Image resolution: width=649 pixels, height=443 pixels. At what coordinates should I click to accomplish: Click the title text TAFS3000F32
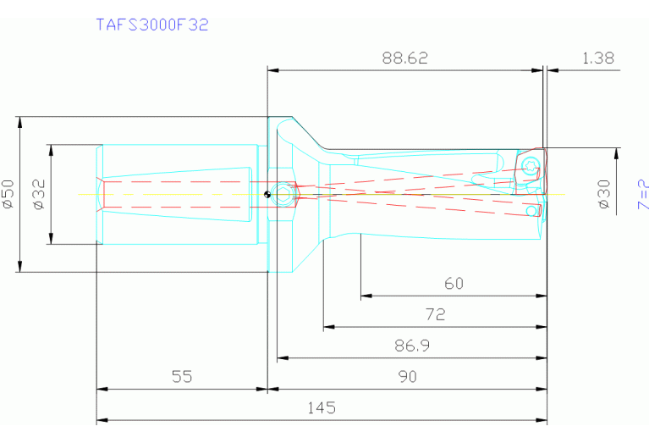tap(152, 25)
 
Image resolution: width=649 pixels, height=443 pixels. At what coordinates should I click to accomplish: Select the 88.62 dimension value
tap(405, 58)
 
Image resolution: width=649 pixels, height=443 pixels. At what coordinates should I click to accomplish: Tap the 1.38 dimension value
tap(597, 58)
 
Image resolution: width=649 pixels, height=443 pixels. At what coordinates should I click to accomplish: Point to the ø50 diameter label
tap(9, 194)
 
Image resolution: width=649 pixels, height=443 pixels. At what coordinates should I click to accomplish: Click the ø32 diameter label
tap(39, 194)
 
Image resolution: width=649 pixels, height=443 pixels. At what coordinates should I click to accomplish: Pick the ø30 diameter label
tap(604, 193)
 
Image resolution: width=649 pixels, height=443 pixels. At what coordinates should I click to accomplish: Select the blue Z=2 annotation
tap(643, 194)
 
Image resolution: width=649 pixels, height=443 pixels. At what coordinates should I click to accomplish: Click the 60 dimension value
tap(454, 284)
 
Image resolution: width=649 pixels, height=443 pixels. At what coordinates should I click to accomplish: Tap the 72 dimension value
tap(435, 314)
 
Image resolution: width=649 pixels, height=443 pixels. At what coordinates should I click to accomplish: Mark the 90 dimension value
tap(408, 377)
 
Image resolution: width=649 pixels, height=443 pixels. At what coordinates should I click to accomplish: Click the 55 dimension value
tap(182, 377)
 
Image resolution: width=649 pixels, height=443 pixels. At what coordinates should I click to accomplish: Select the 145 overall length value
tap(322, 407)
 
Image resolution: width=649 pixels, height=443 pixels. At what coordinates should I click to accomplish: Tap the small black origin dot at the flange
tap(267, 196)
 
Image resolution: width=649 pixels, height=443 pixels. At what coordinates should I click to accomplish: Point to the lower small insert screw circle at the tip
tap(533, 209)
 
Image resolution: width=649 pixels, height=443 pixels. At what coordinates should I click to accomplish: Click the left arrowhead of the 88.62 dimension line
tap(272, 70)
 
